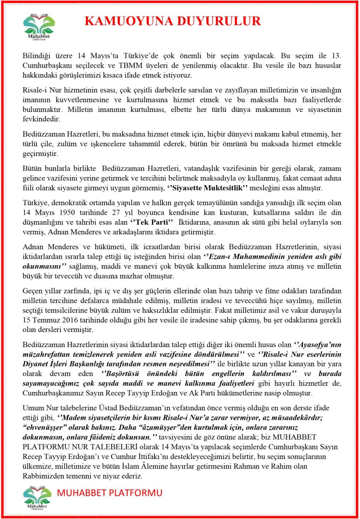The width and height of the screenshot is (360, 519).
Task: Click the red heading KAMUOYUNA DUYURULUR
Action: tap(172, 21)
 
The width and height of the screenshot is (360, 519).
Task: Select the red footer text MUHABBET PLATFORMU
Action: tap(110, 493)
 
